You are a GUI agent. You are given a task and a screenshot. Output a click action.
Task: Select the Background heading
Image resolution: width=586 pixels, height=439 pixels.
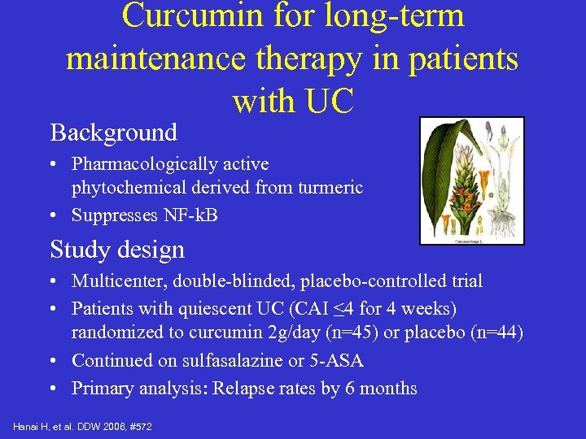coord(113,133)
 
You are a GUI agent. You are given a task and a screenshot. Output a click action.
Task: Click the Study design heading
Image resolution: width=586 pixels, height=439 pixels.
coord(117,250)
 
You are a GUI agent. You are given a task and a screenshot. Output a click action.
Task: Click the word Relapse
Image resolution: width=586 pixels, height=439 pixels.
coord(242,389)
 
